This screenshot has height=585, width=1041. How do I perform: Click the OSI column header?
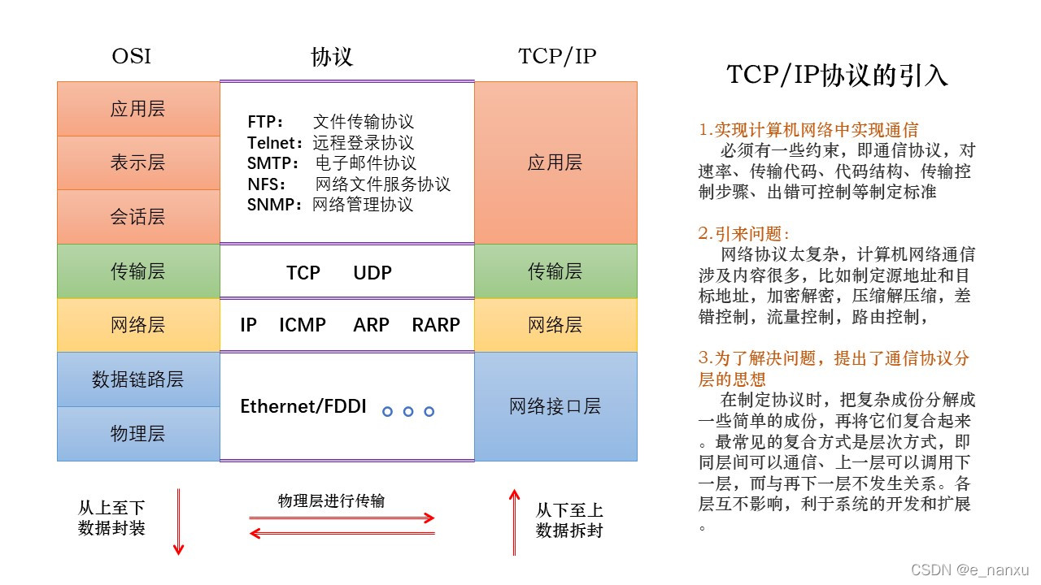131,57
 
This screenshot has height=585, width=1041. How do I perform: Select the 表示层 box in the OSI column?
137,162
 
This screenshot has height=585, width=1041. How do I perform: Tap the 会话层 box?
137,217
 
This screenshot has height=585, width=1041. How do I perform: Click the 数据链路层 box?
137,379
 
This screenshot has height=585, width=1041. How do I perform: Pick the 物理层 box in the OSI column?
137,434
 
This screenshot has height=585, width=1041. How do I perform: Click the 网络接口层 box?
555,406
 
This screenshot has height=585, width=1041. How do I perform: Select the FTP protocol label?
265,122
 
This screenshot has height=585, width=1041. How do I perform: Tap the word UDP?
372,273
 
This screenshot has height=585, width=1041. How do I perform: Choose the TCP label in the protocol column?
303,273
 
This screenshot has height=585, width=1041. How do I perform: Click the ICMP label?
303,325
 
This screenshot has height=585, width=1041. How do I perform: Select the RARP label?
436,325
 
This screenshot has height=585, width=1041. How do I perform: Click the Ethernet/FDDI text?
303,406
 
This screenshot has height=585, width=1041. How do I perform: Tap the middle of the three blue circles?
408,412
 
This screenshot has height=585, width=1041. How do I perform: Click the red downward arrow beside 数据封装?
179,522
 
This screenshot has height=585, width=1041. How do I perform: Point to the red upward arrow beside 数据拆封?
513,522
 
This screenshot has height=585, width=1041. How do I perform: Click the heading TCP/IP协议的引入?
837,76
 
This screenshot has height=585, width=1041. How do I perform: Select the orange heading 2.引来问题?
744,234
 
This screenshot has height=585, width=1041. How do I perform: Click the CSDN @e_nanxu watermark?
970,570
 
